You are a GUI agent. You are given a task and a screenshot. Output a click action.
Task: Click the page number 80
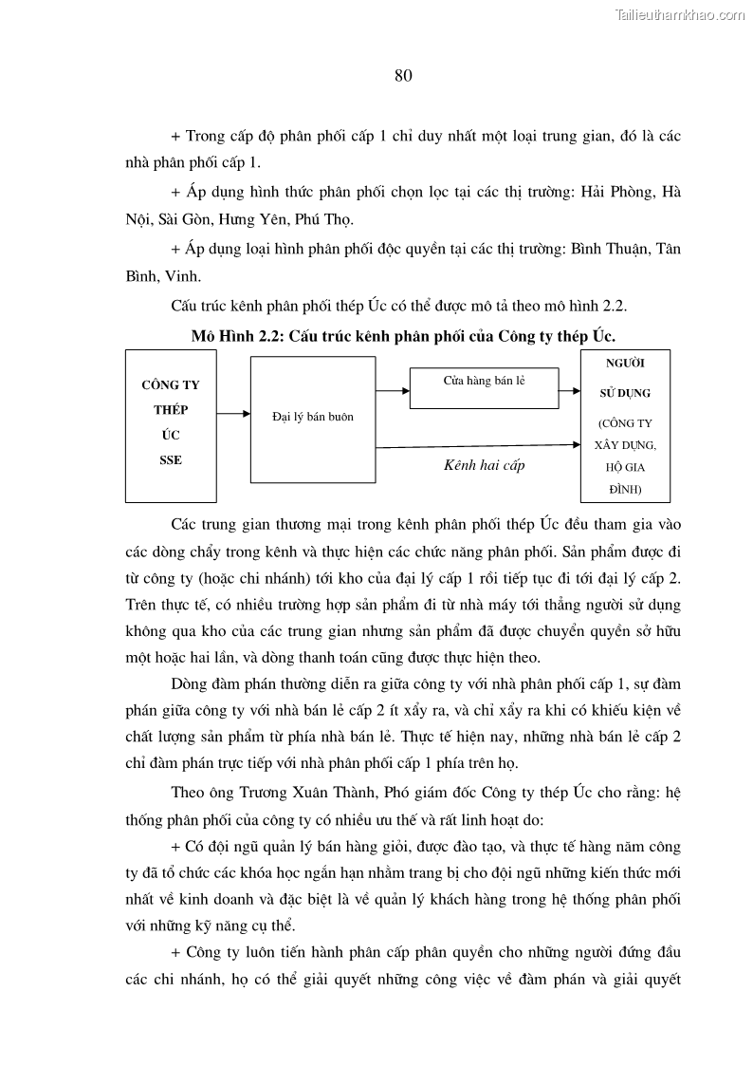[x=402, y=77]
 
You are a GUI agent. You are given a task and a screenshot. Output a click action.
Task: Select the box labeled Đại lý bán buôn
[x=312, y=416]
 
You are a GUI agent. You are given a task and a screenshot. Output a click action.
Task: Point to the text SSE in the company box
[x=170, y=459]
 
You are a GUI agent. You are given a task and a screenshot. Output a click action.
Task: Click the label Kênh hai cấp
[x=484, y=465]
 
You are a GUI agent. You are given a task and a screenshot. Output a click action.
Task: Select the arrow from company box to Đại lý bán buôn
[x=233, y=414]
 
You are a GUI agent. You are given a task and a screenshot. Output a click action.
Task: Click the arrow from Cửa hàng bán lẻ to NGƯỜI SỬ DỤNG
[x=568, y=388]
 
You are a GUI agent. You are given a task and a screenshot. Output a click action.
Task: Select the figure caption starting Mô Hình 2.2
[x=403, y=336]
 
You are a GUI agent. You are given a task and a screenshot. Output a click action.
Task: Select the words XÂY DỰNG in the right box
[x=625, y=444]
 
